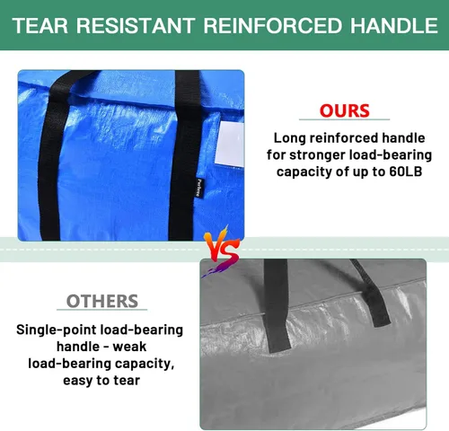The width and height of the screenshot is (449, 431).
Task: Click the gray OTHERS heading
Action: click(x=102, y=301)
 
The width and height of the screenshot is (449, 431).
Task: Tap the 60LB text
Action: click(x=401, y=172)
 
